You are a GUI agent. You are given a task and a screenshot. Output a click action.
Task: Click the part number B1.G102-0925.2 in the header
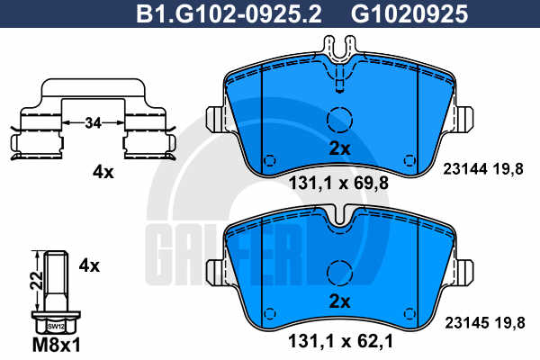(x=229, y=14)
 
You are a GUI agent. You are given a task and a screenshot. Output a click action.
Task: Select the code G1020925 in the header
(x=409, y=14)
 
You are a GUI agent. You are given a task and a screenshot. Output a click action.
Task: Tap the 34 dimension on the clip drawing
(x=93, y=122)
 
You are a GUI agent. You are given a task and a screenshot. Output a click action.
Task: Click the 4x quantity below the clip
(x=103, y=172)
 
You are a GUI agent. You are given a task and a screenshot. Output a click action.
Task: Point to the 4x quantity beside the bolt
(x=89, y=265)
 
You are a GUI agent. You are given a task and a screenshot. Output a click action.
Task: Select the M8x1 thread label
(x=57, y=345)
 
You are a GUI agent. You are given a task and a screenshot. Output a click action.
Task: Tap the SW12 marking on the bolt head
(x=56, y=326)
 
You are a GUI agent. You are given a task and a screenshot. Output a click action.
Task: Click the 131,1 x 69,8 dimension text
(x=338, y=183)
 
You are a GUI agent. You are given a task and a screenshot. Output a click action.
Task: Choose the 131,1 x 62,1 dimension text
(x=340, y=342)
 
